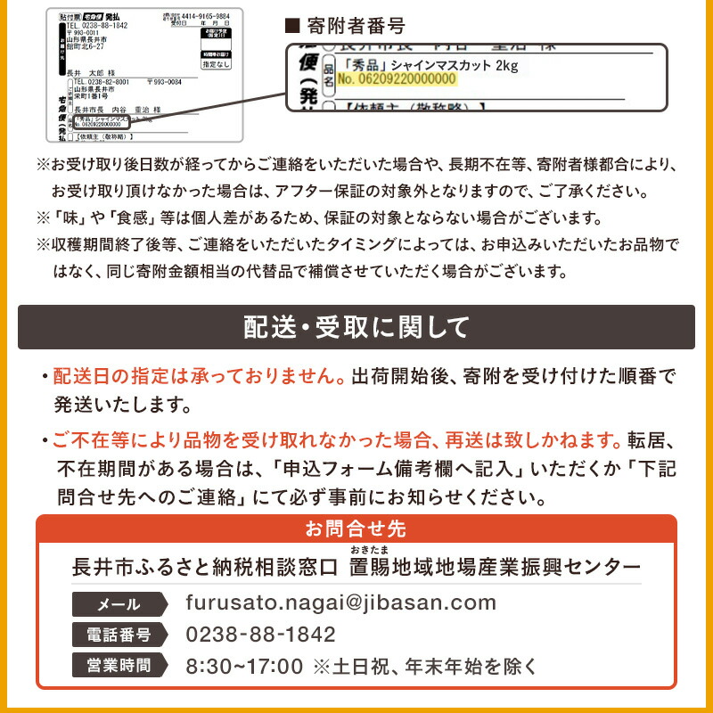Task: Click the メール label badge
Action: (x=118, y=604)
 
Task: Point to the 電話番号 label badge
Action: (x=118, y=635)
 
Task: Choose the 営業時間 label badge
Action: (x=118, y=665)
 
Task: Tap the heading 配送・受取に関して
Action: (x=356, y=327)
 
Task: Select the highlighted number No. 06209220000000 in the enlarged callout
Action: (x=397, y=79)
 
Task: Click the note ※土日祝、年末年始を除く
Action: (x=424, y=665)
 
